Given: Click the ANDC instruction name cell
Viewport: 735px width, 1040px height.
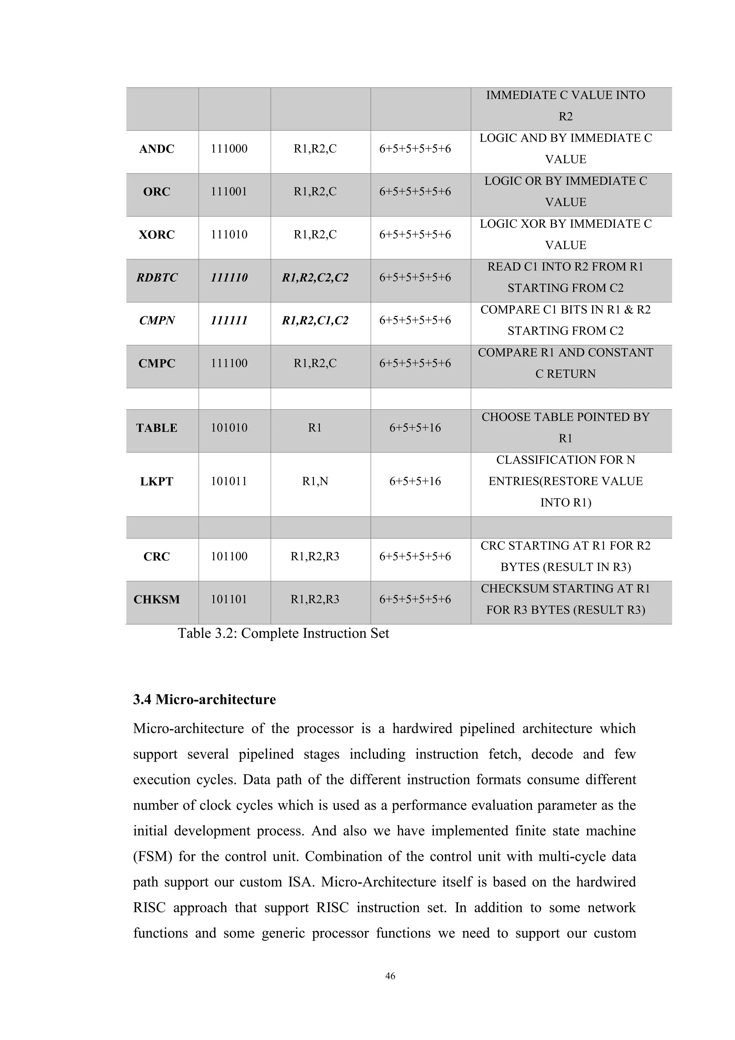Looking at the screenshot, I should [156, 149].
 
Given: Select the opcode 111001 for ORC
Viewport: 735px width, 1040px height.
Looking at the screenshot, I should [229, 192].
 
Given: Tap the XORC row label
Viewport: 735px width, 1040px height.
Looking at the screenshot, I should [156, 235].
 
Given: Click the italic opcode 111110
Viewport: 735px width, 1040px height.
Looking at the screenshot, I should [229, 278].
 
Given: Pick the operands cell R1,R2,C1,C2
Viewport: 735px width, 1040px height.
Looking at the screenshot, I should [315, 321].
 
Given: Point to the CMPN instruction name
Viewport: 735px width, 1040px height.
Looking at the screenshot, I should [156, 321].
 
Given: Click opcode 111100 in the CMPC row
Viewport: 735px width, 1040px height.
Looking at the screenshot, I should [229, 363].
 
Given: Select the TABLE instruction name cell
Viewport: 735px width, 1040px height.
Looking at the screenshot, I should [156, 428].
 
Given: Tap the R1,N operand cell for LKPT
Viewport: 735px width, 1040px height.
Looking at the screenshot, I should [315, 482].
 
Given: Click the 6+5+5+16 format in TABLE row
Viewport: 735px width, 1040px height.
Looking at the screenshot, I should [415, 428].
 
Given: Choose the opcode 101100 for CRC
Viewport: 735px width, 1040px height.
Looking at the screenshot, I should [229, 557].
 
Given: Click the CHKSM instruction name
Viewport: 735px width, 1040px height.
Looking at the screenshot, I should [156, 600].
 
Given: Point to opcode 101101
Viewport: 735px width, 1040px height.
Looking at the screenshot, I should [229, 600].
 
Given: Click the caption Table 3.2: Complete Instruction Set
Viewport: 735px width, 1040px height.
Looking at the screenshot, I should [283, 633].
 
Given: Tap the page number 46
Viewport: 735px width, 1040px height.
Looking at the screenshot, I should [390, 976].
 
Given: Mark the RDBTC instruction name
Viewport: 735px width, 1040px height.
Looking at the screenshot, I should [156, 278].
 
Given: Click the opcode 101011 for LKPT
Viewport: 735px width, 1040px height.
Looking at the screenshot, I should [229, 482].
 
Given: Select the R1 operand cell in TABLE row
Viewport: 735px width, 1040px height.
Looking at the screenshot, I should [315, 428].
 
